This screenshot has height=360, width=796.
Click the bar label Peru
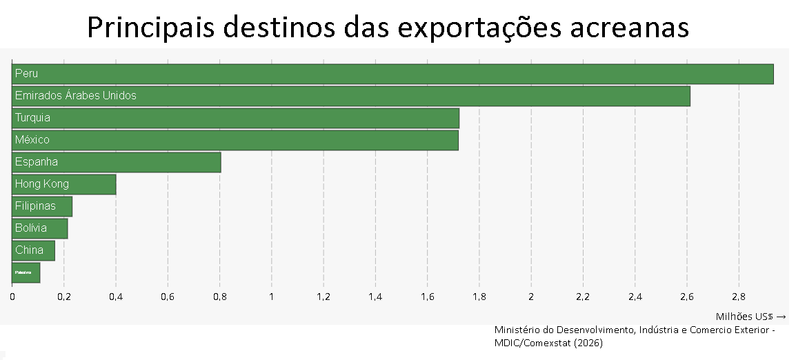[x=26, y=74]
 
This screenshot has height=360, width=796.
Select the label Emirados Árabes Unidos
[x=76, y=96]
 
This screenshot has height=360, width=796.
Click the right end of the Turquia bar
[x=457, y=118]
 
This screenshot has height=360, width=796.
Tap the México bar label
[x=32, y=140]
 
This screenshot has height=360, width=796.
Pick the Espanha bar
[x=116, y=162]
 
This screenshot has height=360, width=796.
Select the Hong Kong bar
[x=63, y=184]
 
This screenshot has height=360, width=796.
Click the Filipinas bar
[x=42, y=206]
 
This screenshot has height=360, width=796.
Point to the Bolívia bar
[x=39, y=228]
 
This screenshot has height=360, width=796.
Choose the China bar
[x=33, y=250]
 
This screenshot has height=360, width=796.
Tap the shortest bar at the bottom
[x=26, y=272]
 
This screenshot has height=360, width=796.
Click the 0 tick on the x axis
[x=12, y=297]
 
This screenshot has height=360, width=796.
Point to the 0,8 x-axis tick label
[x=219, y=297]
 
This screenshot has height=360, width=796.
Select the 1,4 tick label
[x=375, y=297]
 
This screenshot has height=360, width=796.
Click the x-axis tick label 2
[x=531, y=297]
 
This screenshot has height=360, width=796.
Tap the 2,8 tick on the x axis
[x=739, y=297]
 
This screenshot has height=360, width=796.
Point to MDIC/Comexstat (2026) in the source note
[x=548, y=343]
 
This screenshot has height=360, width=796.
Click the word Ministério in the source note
[x=517, y=330]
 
